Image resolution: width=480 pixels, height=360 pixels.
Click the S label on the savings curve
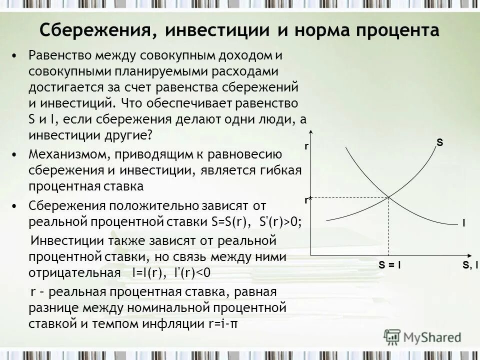tap(439, 142)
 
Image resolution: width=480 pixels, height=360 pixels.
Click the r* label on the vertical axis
tap(308, 199)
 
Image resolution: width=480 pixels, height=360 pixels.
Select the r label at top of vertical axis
tap(306, 147)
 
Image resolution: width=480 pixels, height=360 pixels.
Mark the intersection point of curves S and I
tap(389, 197)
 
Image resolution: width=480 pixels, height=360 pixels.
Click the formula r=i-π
tap(222, 323)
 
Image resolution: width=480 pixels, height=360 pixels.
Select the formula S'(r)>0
tap(281, 221)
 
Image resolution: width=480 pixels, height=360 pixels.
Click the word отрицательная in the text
tap(74, 272)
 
